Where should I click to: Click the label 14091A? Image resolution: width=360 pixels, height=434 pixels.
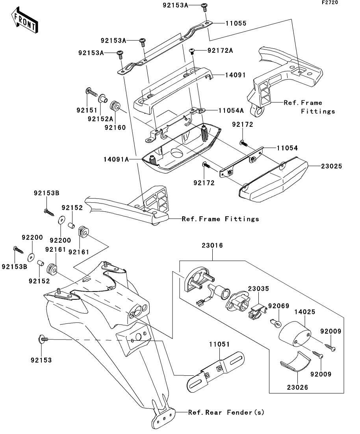[x=116, y=159]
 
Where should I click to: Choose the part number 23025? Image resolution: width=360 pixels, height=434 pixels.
[x=331, y=166]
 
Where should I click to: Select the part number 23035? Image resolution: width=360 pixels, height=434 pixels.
[x=258, y=288]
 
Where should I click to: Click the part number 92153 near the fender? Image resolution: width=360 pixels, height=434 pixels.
[x=41, y=360]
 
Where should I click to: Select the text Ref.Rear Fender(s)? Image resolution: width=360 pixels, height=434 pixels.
[x=226, y=412]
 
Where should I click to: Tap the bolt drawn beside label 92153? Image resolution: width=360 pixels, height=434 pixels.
[x=43, y=338]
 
